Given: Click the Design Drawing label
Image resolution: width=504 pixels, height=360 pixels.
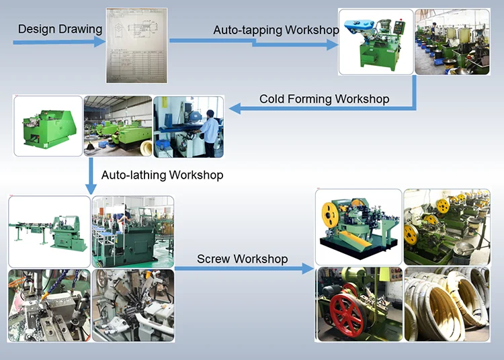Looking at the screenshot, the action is tap(60, 29).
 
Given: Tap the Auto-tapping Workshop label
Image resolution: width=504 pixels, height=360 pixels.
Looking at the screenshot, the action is tap(276, 30).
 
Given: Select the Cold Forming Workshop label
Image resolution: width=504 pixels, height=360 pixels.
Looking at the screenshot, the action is tap(324, 99).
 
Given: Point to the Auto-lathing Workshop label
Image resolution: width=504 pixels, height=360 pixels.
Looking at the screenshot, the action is tap(162, 175).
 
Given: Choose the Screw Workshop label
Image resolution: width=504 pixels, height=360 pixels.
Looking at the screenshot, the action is tap(242, 259).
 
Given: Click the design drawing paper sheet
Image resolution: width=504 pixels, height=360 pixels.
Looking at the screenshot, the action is tap(136, 45).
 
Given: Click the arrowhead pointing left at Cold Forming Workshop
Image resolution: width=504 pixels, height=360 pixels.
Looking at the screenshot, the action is tap(235, 107).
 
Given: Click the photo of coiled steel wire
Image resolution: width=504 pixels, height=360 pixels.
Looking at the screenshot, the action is tap(447, 304).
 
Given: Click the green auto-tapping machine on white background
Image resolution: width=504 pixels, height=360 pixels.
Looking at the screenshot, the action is tap(375, 41).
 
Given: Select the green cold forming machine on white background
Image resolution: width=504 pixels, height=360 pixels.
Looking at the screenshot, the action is tap(48, 126).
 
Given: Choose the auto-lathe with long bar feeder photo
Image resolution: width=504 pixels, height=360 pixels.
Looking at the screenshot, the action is tap(49, 231).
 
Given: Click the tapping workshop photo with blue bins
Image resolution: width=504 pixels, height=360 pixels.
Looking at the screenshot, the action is tap(452, 41).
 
